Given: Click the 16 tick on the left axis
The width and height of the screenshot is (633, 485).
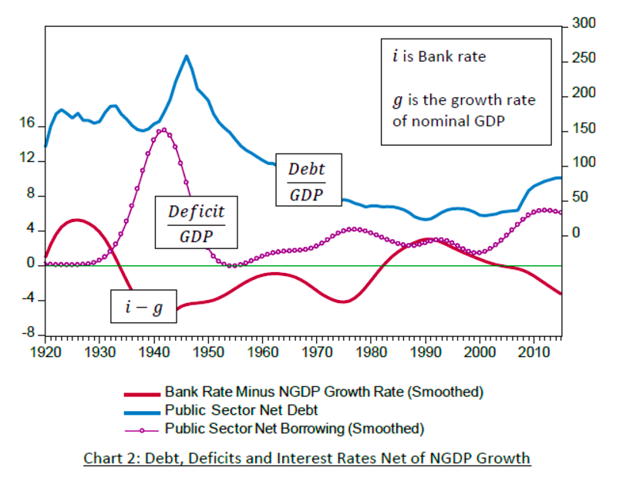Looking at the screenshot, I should coord(28,124).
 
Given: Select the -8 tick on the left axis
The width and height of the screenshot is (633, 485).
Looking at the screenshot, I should coord(28,335).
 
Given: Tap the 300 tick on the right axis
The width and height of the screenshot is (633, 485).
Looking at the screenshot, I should coord(584,25).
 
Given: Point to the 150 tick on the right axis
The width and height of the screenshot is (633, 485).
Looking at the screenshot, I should coord(584,129).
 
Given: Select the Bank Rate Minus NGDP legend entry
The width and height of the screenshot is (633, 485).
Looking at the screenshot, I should coord(324,392).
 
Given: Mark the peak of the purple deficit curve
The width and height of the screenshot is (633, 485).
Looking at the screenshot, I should coord(163,130).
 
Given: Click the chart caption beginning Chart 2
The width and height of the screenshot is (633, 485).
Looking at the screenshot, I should coord(306,459).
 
